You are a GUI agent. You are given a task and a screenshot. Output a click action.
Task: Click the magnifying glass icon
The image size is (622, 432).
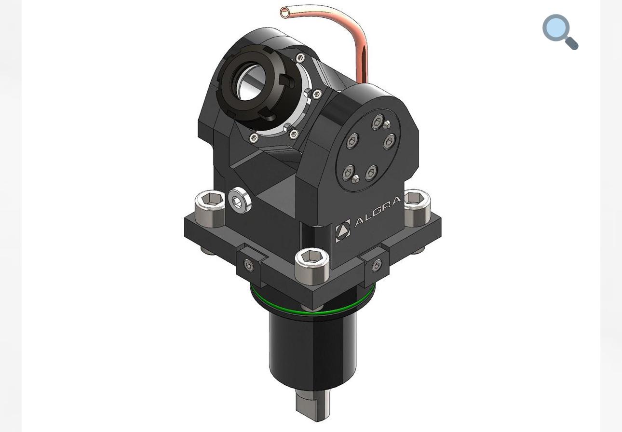[x=560, y=32]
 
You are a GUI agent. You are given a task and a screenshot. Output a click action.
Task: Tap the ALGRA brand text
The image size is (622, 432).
[x=378, y=211]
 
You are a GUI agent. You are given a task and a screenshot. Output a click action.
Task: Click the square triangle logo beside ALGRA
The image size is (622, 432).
[x=343, y=230]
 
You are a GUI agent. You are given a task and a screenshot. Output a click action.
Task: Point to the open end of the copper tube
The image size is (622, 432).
[x=284, y=13]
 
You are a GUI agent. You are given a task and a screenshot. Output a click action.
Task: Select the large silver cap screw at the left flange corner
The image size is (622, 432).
[x=210, y=208]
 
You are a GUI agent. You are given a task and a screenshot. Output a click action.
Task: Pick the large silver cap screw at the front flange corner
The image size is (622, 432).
[x=312, y=266]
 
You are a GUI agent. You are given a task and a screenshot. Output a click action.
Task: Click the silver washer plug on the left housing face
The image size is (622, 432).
[x=239, y=201]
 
